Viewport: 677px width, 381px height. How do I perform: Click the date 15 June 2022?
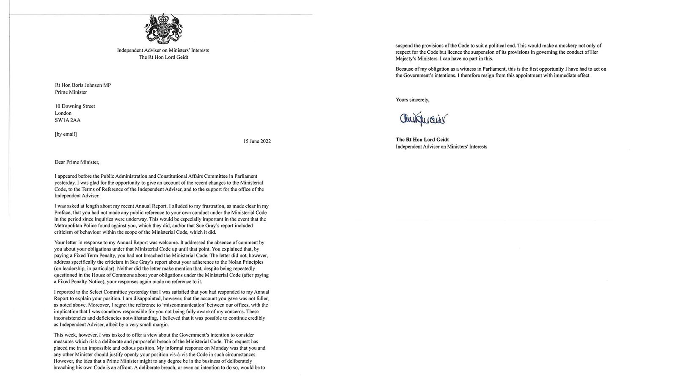pyautogui.click(x=255, y=141)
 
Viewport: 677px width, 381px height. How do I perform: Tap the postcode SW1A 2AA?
pyautogui.click(x=68, y=120)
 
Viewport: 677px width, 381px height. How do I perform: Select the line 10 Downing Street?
pyautogui.click(x=75, y=106)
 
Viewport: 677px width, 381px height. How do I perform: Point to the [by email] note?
pyautogui.click(x=66, y=134)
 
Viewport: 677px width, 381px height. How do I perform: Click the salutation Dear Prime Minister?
pyautogui.click(x=77, y=162)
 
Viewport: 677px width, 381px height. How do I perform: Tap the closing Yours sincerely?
pyautogui.click(x=412, y=100)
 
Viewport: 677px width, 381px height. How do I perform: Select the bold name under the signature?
pyautogui.click(x=422, y=140)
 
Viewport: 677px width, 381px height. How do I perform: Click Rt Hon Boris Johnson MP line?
pyautogui.click(x=83, y=85)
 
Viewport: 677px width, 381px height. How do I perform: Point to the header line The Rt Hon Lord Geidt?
pyautogui.click(x=163, y=57)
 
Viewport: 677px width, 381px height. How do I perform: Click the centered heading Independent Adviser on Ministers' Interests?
pyautogui.click(x=163, y=50)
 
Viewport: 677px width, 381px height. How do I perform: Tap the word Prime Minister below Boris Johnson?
pyautogui.click(x=71, y=92)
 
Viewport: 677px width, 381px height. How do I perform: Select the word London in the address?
pyautogui.click(x=63, y=113)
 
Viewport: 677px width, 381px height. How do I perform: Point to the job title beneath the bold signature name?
pyautogui.click(x=441, y=147)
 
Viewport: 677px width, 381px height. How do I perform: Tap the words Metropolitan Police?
pyautogui.click(x=74, y=226)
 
